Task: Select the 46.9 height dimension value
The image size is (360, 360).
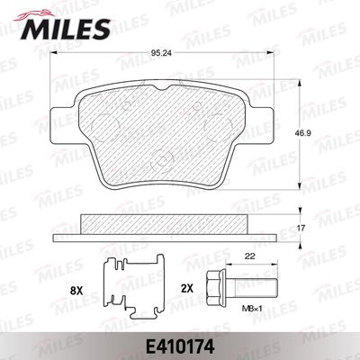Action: point(301,132)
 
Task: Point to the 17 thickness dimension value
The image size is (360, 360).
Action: point(301,229)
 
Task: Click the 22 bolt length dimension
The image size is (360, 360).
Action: point(250,256)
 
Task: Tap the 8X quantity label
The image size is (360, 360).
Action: point(76,290)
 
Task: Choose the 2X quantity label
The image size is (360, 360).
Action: point(186,289)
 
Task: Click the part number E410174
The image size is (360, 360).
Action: point(180,347)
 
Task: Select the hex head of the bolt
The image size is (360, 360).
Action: point(216,284)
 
